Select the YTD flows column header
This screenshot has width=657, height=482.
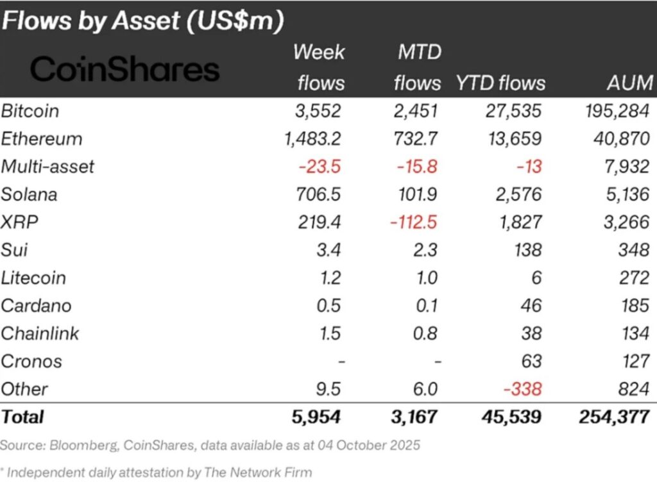point(500,83)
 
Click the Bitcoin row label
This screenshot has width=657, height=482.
point(30,111)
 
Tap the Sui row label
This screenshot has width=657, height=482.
point(14,250)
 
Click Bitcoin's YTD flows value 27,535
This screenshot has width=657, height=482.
point(513,111)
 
